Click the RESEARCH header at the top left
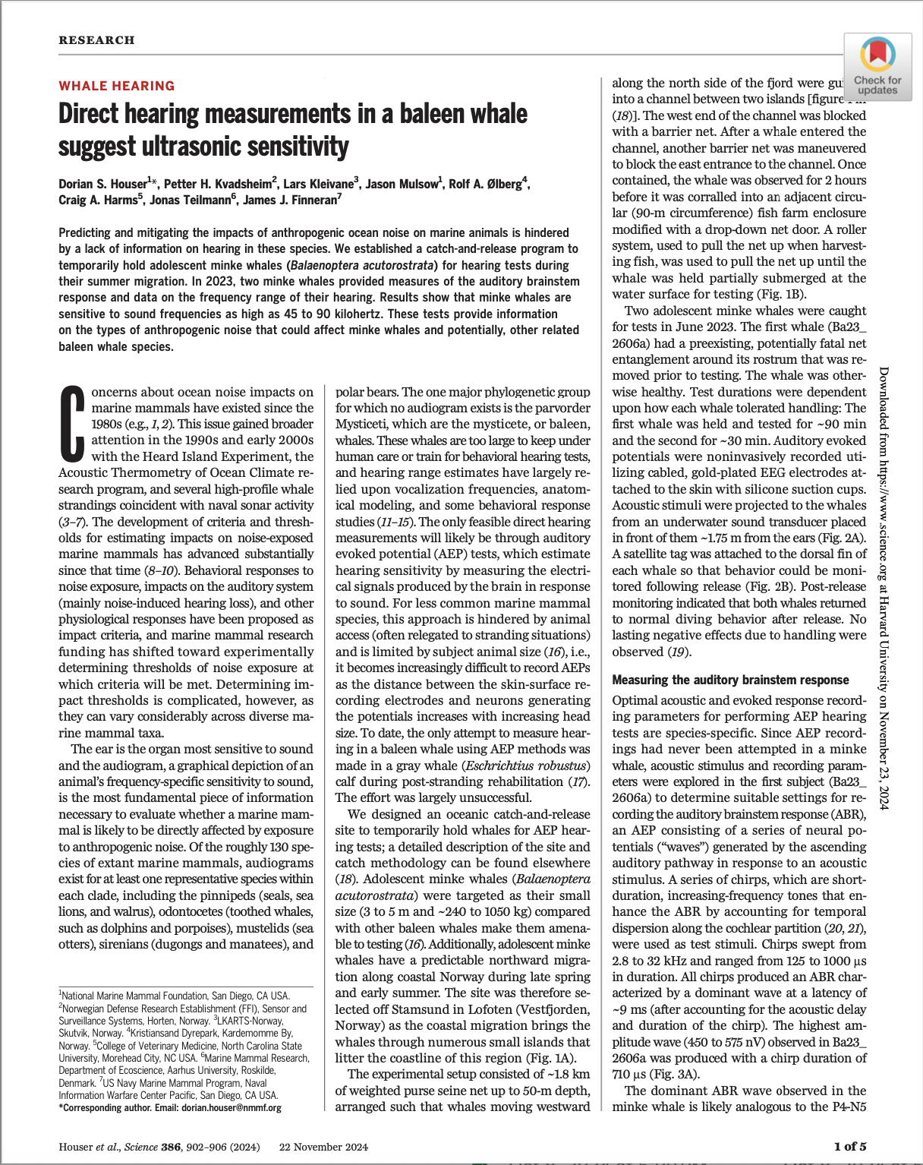click(x=96, y=40)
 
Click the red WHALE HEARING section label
click(x=117, y=86)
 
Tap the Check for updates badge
click(x=877, y=67)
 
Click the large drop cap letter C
click(x=72, y=424)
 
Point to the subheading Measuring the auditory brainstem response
click(x=730, y=680)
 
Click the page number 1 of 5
click(x=849, y=1146)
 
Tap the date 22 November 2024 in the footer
click(x=323, y=1147)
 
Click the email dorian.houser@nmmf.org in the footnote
click(x=232, y=1107)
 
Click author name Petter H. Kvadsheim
click(x=222, y=184)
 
